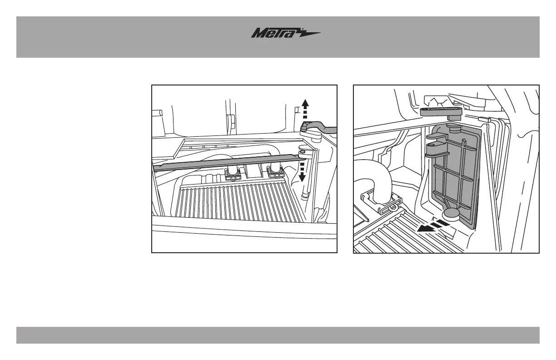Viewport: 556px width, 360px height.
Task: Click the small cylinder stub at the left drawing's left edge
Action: pyautogui.click(x=158, y=114)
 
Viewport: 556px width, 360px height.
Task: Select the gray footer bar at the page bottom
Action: pyautogui.click(x=278, y=335)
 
